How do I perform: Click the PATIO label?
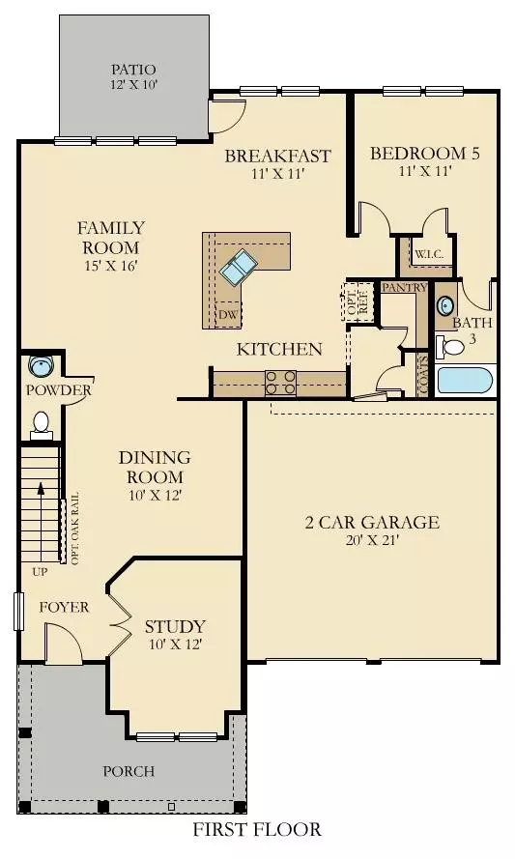pos(132,70)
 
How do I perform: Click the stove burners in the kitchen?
pos(280,383)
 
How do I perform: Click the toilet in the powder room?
pos(42,423)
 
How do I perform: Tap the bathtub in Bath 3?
pos(466,379)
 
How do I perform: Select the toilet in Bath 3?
pos(450,345)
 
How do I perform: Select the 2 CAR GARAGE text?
pos(372,523)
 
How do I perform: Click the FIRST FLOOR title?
pos(257,830)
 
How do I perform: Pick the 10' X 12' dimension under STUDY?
pos(175,644)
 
